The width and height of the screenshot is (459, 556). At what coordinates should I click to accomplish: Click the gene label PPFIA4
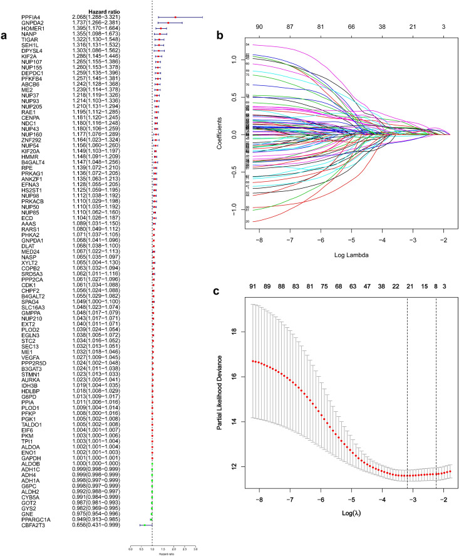27,17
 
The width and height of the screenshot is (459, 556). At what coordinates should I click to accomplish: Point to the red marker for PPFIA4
176,17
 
